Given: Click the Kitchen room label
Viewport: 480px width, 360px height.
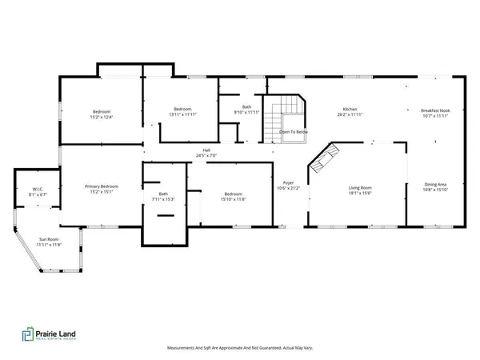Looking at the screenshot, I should [x=350, y=109].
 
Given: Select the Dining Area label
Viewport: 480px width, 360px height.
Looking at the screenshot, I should [x=435, y=185].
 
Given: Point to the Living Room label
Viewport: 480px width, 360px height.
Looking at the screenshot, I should [x=360, y=189].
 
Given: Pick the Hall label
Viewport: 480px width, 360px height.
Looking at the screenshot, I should [x=206, y=150].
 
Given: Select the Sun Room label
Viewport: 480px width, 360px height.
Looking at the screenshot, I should [x=50, y=239].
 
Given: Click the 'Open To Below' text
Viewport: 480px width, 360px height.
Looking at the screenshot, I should [x=294, y=132].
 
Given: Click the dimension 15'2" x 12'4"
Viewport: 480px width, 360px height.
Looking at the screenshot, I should [x=101, y=117].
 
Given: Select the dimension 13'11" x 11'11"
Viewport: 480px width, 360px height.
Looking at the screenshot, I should [x=180, y=114].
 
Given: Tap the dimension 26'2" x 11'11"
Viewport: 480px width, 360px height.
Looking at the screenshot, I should [x=350, y=114].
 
